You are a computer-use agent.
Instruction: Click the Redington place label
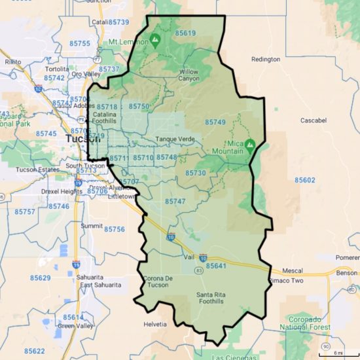coord(266,59)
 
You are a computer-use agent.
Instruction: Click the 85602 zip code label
coord(305,180)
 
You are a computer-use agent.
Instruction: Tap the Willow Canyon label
coord(189,75)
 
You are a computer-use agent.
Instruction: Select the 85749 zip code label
coord(215,122)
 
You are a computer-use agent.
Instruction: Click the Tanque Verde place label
coord(172,140)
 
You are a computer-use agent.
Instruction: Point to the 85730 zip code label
coord(195,173)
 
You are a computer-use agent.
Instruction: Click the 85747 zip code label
coord(175,202)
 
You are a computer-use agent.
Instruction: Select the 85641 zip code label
coord(216,266)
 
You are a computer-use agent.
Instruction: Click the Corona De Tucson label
coord(157,282)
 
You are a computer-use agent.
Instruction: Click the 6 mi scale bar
coord(337,352)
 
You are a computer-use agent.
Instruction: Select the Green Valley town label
coord(75,326)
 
